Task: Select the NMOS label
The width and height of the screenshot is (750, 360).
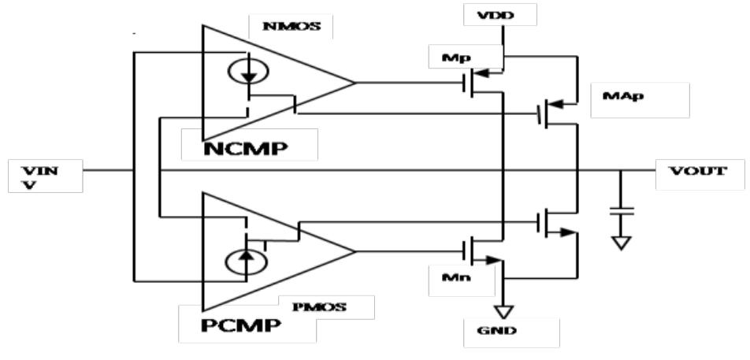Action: pos(289,26)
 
